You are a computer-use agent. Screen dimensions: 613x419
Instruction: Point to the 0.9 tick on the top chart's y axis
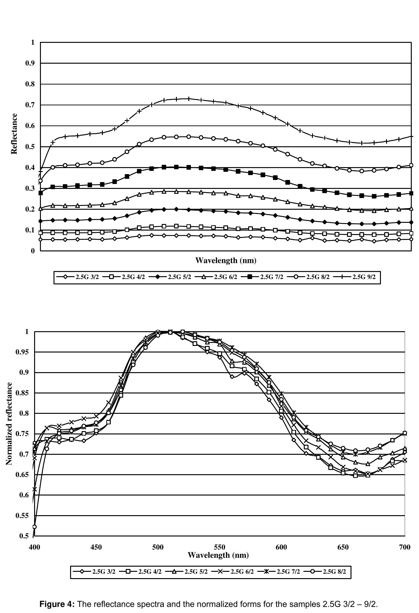[x=30, y=63]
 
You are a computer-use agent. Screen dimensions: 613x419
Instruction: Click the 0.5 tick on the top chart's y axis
[x=30, y=147]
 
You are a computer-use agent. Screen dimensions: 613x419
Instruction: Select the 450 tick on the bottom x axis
[x=96, y=547]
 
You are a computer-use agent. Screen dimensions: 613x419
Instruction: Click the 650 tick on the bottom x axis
[x=343, y=547]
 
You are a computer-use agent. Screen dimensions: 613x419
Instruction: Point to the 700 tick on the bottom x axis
[x=405, y=547]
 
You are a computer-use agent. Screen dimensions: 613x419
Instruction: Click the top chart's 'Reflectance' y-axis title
[x=14, y=134]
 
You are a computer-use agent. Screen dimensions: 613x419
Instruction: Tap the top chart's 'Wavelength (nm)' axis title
[x=226, y=260]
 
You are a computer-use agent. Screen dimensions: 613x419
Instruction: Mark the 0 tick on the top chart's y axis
[x=33, y=251]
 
